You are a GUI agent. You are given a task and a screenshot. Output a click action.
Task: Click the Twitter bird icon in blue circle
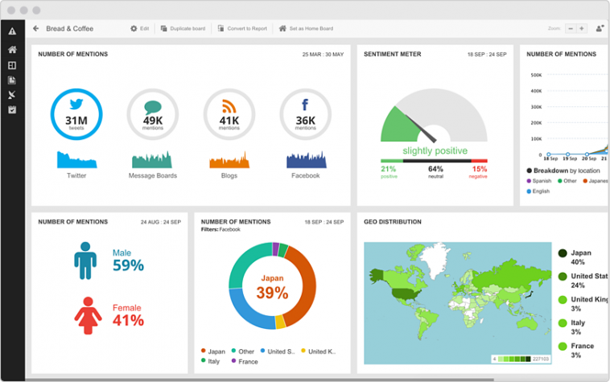point(76,104)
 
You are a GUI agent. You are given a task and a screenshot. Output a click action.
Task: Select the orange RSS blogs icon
point(229,106)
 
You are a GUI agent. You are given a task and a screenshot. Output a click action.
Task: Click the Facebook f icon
point(305,105)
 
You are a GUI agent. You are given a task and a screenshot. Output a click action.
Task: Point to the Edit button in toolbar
point(140,28)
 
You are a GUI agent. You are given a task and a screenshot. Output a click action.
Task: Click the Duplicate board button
point(183,28)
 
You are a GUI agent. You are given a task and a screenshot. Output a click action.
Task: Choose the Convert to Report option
point(241,28)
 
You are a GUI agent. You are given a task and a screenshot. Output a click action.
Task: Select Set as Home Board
point(306,28)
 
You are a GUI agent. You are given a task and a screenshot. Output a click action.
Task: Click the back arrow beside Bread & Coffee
point(36,28)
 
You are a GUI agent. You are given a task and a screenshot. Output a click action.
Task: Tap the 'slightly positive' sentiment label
point(435,150)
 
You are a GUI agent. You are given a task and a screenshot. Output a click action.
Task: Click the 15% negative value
point(480,169)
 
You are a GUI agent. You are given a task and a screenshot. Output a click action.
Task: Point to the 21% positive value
point(389,169)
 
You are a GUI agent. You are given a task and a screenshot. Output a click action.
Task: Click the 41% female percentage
point(128,320)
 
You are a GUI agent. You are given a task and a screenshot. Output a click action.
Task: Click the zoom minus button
point(571,28)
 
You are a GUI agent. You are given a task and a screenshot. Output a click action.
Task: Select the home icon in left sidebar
point(12,49)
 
